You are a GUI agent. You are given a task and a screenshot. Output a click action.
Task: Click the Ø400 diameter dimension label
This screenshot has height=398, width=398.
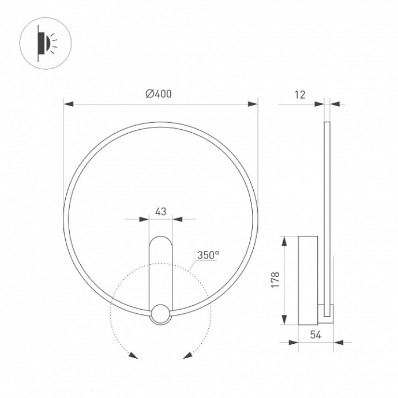tap(159, 94)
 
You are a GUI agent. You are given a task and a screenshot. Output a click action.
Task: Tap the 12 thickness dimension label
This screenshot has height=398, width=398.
tap(299, 95)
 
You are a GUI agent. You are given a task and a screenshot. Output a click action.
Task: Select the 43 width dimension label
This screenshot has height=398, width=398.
tap(160, 211)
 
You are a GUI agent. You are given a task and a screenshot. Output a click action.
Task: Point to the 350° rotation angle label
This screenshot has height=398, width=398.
tap(208, 254)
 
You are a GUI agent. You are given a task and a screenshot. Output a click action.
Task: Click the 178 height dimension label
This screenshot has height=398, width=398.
tap(275, 280)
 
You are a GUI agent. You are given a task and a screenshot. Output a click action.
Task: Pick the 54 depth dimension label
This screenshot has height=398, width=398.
tap(315, 335)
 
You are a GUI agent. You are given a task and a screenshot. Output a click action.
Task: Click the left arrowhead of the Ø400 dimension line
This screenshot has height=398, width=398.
tap(68, 104)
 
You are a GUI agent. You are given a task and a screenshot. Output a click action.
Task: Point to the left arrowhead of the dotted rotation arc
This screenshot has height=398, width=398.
tap(133, 355)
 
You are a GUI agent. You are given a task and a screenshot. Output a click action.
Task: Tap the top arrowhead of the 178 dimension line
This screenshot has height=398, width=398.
tap(285, 240)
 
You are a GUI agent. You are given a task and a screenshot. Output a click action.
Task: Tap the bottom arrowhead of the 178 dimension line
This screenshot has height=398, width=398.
tap(285, 321)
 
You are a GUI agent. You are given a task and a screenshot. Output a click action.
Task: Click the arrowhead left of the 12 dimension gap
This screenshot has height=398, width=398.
tap(319, 104)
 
